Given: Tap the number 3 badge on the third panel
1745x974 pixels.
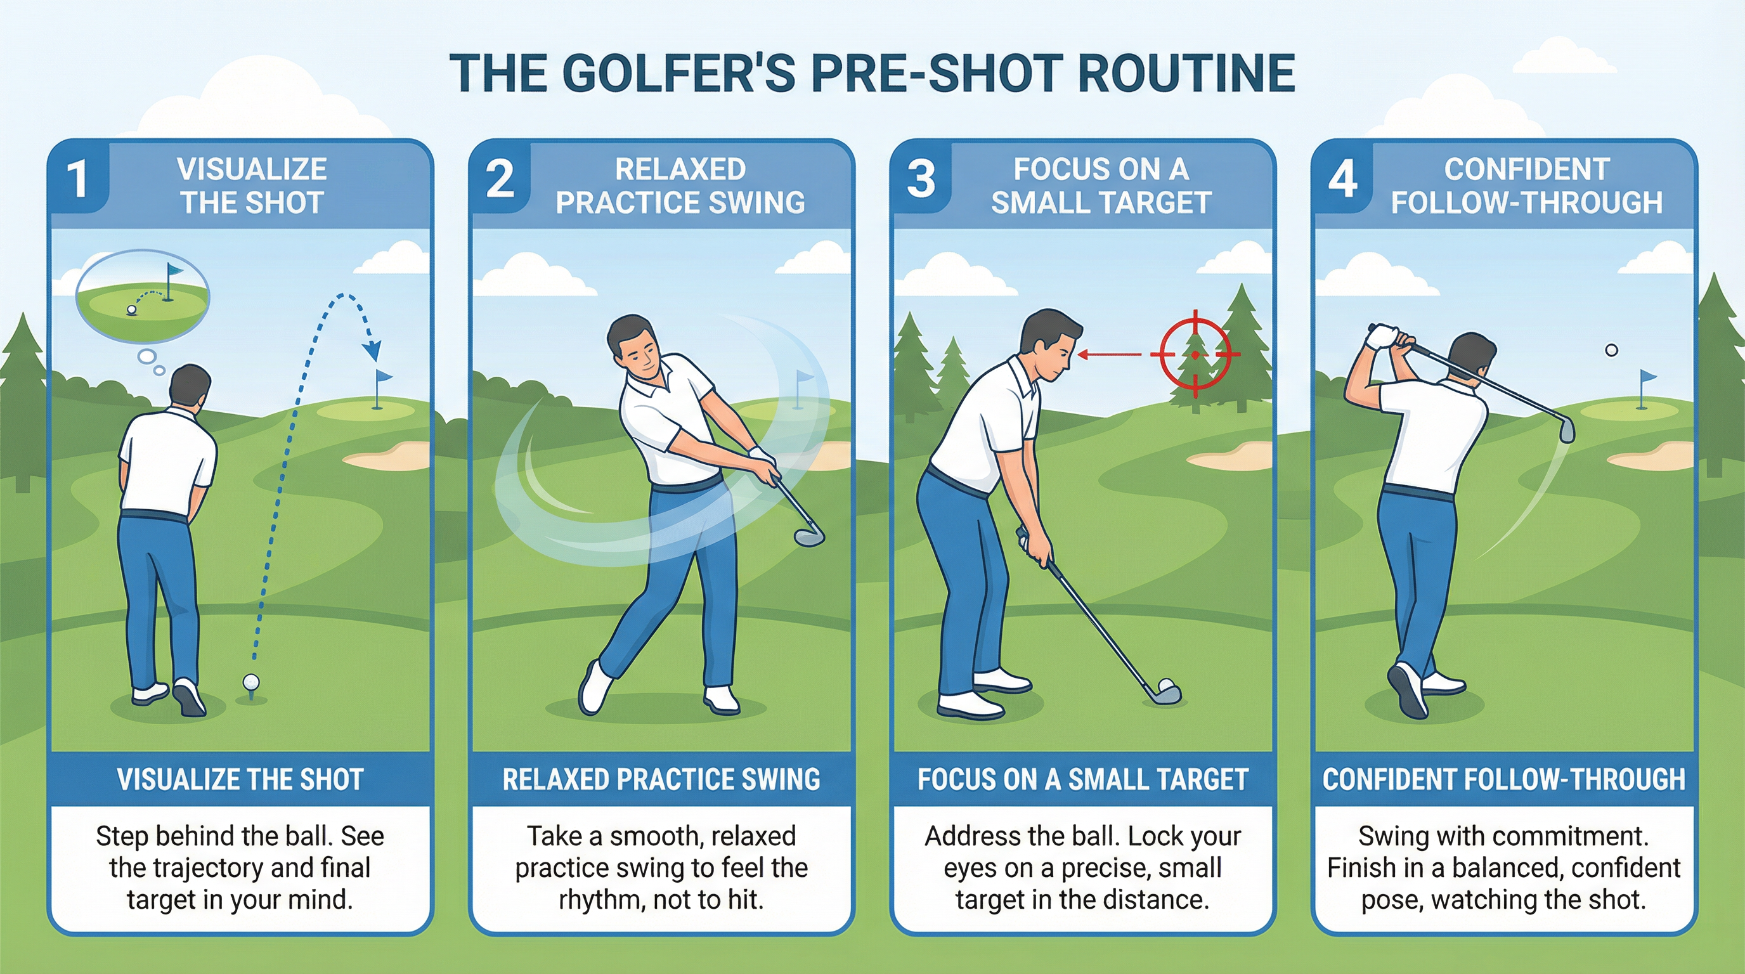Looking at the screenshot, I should pos(921,179).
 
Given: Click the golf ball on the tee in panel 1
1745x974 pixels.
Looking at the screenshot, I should pos(250,682).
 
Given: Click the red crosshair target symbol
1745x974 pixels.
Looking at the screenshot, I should pos(1195,354).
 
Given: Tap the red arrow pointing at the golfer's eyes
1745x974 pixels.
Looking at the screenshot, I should pos(1111,354).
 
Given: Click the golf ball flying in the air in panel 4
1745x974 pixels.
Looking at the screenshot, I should pos(1612,350).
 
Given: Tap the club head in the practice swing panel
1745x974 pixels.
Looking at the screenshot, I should pos(809,536).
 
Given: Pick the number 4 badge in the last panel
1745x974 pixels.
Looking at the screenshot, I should pos(1342,179).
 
